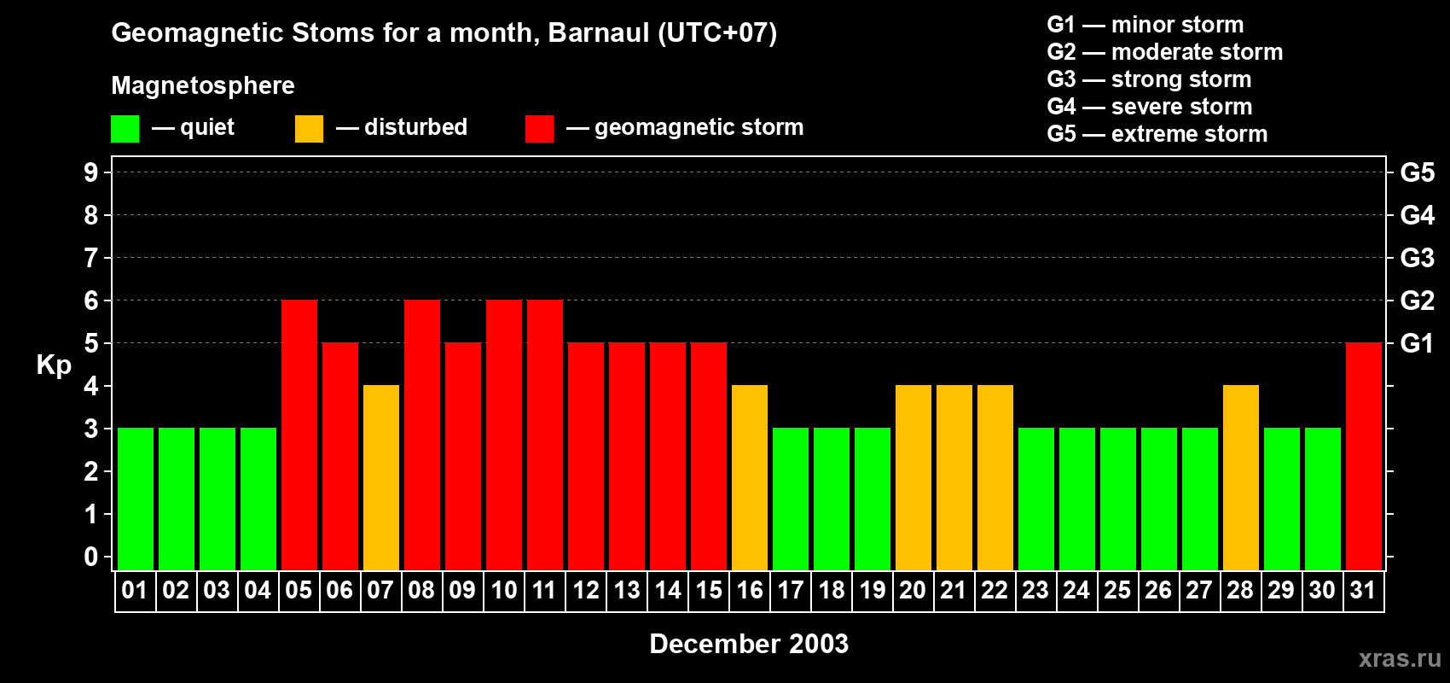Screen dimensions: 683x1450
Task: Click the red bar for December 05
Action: pyautogui.click(x=299, y=435)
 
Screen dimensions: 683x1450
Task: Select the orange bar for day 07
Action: pyautogui.click(x=381, y=477)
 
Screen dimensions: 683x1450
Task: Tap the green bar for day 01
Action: pyautogui.click(x=136, y=499)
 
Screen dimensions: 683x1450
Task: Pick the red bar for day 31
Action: pyautogui.click(x=1364, y=456)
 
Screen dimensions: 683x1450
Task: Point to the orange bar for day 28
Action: pyautogui.click(x=1241, y=477)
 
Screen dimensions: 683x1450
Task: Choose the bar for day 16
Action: pyautogui.click(x=750, y=477)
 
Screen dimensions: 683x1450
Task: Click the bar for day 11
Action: pyautogui.click(x=545, y=435)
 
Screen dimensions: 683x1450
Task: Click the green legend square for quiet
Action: pyautogui.click(x=125, y=129)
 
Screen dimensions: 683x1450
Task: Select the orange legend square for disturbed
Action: pyautogui.click(x=309, y=129)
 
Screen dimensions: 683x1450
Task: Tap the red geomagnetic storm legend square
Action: pyautogui.click(x=539, y=129)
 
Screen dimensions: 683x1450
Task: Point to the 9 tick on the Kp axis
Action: pyautogui.click(x=91, y=172)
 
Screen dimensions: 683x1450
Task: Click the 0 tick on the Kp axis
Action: pyautogui.click(x=91, y=557)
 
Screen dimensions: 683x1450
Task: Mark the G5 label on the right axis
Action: pyautogui.click(x=1417, y=172)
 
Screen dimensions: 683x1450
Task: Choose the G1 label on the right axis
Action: pyautogui.click(x=1417, y=343)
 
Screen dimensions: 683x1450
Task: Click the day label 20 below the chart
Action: pyautogui.click(x=913, y=590)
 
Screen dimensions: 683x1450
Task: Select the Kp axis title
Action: pyautogui.click(x=54, y=365)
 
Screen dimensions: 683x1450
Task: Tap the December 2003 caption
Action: pyautogui.click(x=749, y=644)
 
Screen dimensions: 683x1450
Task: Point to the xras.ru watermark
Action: pyautogui.click(x=1400, y=658)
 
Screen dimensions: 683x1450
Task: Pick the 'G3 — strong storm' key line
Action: pyautogui.click(x=1149, y=79)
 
